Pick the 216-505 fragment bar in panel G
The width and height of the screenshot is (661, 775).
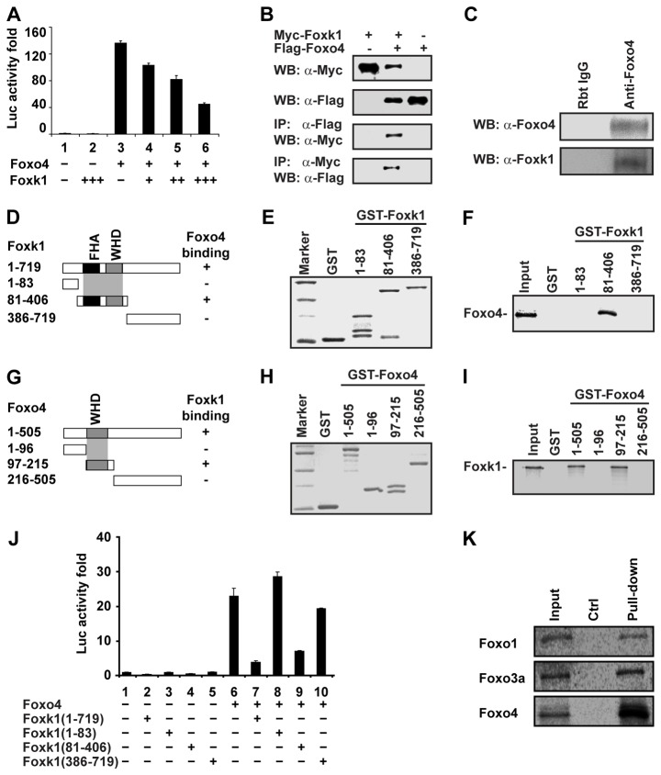tap(147, 454)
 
